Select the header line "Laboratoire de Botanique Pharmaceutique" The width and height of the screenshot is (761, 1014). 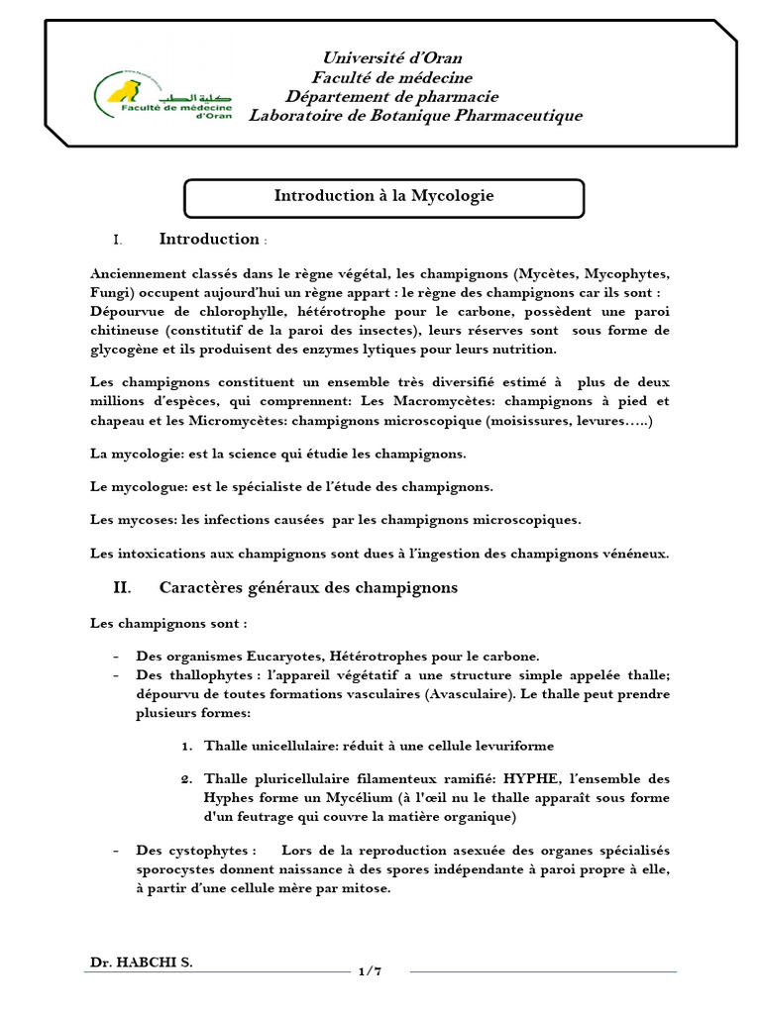[x=415, y=116]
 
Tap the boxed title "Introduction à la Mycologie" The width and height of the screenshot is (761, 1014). [x=383, y=196]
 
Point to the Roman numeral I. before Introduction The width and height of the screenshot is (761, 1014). [x=117, y=240]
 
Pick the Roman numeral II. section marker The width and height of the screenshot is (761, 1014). [x=121, y=587]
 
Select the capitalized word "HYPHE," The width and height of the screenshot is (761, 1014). [x=512, y=778]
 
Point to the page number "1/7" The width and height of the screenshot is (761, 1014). [x=369, y=971]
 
